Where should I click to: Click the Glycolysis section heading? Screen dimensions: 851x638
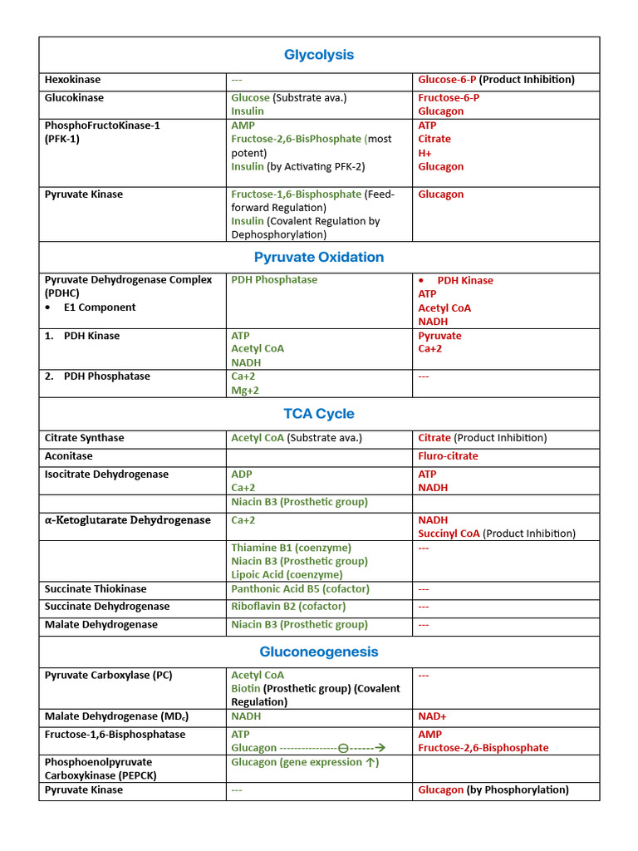[319, 55]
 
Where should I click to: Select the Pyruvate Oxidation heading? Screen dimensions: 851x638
[319, 257]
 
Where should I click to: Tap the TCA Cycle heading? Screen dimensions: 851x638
[319, 413]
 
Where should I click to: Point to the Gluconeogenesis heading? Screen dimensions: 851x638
[319, 652]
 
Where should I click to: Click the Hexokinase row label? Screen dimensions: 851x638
[72, 80]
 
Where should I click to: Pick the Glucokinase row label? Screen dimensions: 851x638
[74, 97]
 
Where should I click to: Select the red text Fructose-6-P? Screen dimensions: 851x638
[449, 97]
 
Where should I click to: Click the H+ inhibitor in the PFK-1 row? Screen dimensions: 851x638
[425, 153]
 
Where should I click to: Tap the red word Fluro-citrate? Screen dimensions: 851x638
[448, 455]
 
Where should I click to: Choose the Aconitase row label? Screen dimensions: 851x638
[68, 455]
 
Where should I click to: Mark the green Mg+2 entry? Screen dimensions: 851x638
[245, 390]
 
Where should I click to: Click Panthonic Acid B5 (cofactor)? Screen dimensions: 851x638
[300, 588]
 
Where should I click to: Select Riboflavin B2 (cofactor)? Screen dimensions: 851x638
[288, 607]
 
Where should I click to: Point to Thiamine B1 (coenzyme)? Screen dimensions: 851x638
[291, 548]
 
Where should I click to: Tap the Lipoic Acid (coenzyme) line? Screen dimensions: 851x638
[287, 574]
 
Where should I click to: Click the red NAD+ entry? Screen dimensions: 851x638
[432, 716]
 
